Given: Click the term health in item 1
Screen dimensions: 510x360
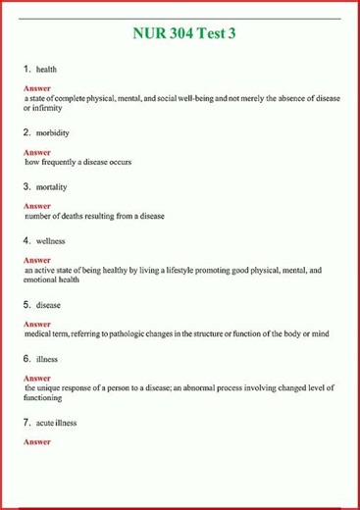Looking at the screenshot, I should [46, 71].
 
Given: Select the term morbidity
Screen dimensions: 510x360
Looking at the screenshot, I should [53, 131].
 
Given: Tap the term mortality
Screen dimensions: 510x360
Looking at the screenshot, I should [52, 185].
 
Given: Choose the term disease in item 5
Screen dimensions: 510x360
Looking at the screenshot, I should [48, 305].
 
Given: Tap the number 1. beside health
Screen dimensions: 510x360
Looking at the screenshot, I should [27, 71].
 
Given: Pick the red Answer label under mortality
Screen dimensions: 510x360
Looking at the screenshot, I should [36, 206].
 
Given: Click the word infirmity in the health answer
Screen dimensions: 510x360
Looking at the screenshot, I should [51, 108].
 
